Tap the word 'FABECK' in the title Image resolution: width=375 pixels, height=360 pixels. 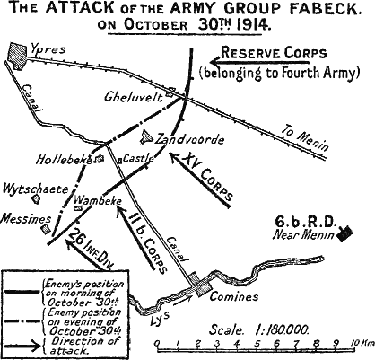305,9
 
